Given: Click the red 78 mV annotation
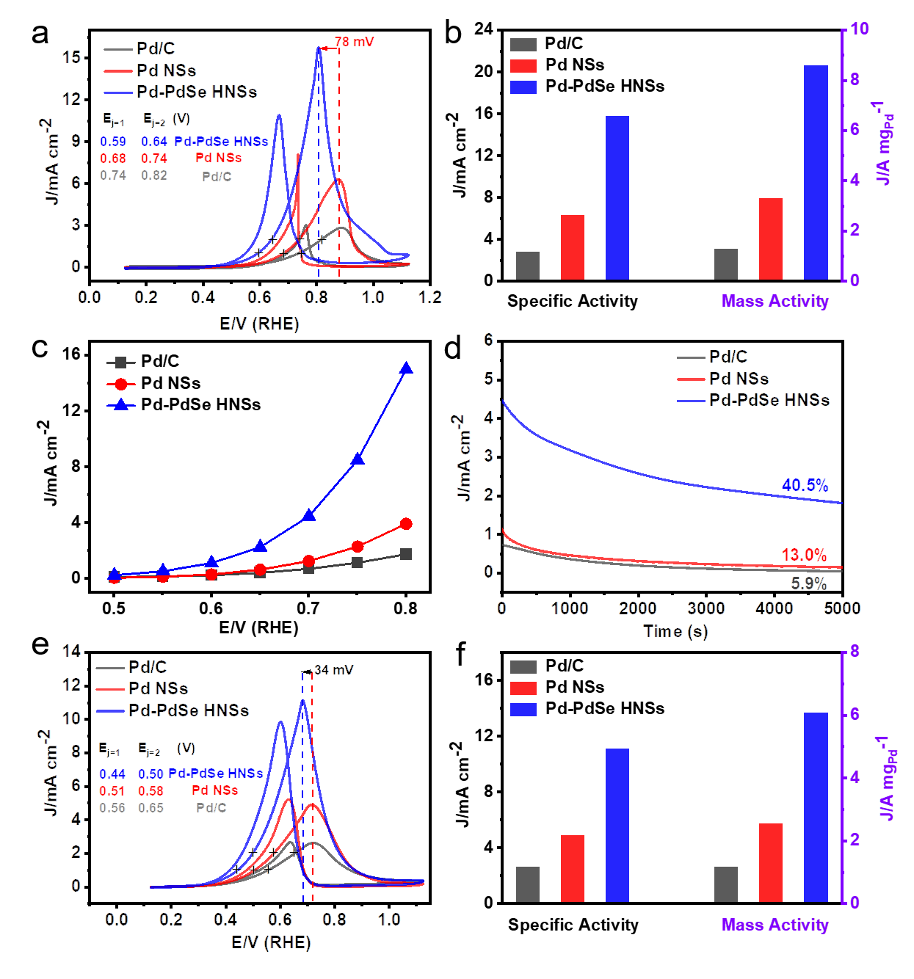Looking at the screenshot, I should (x=354, y=42).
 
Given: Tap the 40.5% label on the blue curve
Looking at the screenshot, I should (x=805, y=485).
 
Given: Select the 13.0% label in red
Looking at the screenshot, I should (x=804, y=555).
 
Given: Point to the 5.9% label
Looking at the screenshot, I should (x=808, y=583).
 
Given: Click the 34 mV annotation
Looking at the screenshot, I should (x=334, y=670).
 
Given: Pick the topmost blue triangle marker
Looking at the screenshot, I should (x=407, y=368).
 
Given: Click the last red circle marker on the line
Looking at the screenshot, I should (x=407, y=524).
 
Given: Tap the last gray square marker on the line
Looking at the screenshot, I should (x=407, y=554).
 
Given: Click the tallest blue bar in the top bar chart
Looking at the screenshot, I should (x=816, y=172).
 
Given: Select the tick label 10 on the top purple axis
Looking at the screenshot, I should (x=860, y=29).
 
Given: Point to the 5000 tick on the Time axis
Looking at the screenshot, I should (x=842, y=608).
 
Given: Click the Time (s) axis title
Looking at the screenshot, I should (x=675, y=631).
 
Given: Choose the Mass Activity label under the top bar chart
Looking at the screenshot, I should (x=775, y=301).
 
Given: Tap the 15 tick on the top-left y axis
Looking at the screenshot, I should (x=71, y=57).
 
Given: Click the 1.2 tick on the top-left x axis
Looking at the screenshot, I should (x=430, y=297).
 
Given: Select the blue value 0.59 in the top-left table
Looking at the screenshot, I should (x=113, y=142).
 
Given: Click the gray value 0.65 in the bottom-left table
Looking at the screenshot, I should (x=150, y=808).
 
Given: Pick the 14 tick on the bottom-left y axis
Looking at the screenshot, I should (x=71, y=651).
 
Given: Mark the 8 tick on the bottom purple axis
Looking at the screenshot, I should (x=855, y=652).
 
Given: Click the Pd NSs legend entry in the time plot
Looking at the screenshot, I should (x=739, y=379).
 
